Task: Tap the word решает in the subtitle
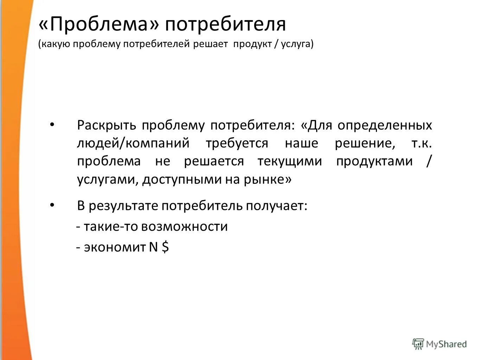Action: tap(210, 44)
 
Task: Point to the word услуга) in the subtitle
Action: tap(297, 44)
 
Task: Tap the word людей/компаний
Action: tap(133, 143)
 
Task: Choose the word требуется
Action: tap(237, 143)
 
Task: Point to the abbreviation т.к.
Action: tap(421, 143)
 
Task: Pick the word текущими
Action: tap(289, 161)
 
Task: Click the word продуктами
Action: tap(374, 161)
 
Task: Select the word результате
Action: tap(123, 206)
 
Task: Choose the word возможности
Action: tap(185, 226)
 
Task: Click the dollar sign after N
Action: tap(165, 247)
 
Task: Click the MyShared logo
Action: tap(440, 343)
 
